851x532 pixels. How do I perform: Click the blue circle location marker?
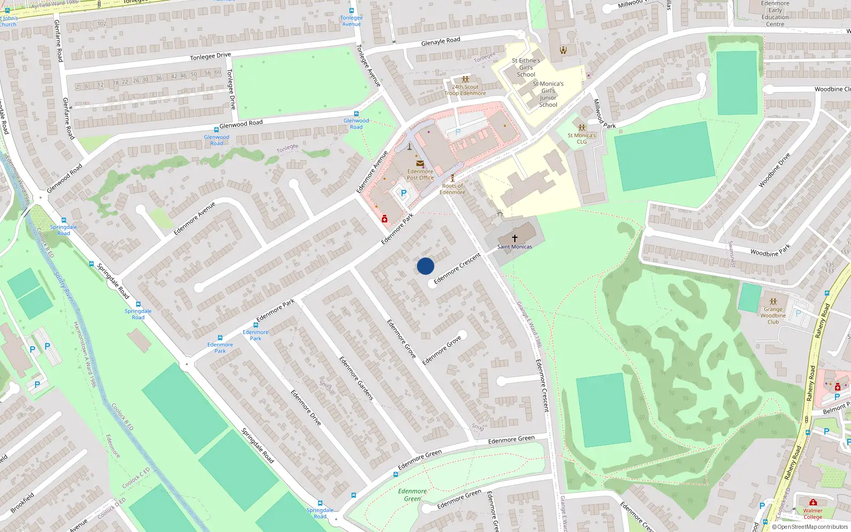tap(425, 266)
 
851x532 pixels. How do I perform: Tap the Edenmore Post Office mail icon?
tap(420, 164)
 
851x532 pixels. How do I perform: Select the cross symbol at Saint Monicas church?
tap(514, 238)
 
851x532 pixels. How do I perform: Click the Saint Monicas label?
tap(514, 247)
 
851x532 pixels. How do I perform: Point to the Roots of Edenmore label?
tap(452, 189)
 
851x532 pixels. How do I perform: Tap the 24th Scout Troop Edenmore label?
tap(465, 90)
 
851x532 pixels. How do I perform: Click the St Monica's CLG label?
tap(581, 138)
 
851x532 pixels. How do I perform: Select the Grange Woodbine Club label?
tap(773, 315)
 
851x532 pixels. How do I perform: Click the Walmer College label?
tap(812, 513)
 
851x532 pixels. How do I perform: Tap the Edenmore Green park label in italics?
tap(412, 495)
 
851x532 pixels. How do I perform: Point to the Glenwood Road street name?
tap(241, 124)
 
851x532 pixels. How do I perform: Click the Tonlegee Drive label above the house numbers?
tap(211, 56)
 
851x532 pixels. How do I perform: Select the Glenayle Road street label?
tap(440, 41)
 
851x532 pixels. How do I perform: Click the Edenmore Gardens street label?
tap(356, 378)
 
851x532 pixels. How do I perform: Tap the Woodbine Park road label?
tap(770, 250)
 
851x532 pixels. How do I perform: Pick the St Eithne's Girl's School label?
tap(525, 68)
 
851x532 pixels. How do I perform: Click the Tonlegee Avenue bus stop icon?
tap(352, 11)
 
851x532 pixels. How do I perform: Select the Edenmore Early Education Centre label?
tap(775, 14)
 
